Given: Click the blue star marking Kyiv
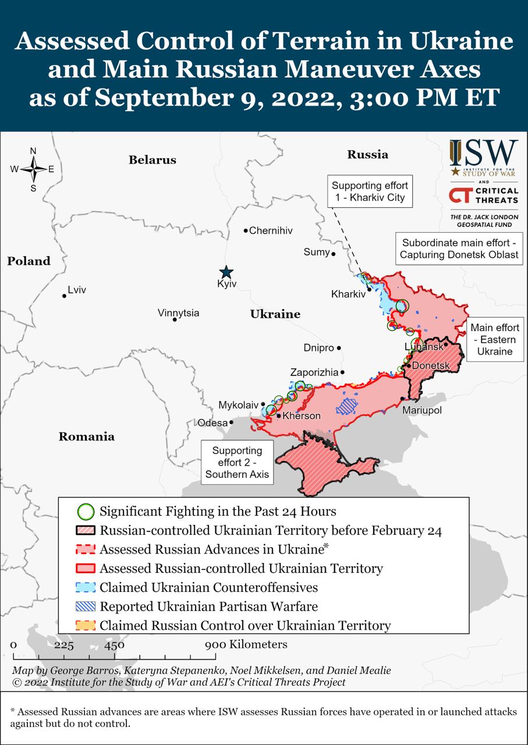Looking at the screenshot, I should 226,272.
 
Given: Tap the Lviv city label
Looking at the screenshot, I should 77,289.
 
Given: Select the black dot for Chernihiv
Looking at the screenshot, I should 246,230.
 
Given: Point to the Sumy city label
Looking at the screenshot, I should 316,252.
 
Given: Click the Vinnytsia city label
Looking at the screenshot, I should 178,313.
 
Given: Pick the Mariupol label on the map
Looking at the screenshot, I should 422,410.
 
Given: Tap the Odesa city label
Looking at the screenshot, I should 212,423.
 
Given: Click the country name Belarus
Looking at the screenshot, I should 153,160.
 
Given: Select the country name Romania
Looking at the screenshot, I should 87,437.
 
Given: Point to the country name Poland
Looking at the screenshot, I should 29,261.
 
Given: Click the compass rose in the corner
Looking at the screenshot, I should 33,169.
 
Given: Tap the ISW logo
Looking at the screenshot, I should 483,158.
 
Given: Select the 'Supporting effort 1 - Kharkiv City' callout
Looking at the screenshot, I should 370,191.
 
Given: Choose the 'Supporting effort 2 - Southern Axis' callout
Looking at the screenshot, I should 237,462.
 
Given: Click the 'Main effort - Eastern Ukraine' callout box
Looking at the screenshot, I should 495,339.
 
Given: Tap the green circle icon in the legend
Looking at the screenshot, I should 86,512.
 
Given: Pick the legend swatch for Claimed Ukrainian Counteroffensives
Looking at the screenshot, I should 86,587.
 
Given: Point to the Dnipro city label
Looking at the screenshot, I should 318,348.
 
